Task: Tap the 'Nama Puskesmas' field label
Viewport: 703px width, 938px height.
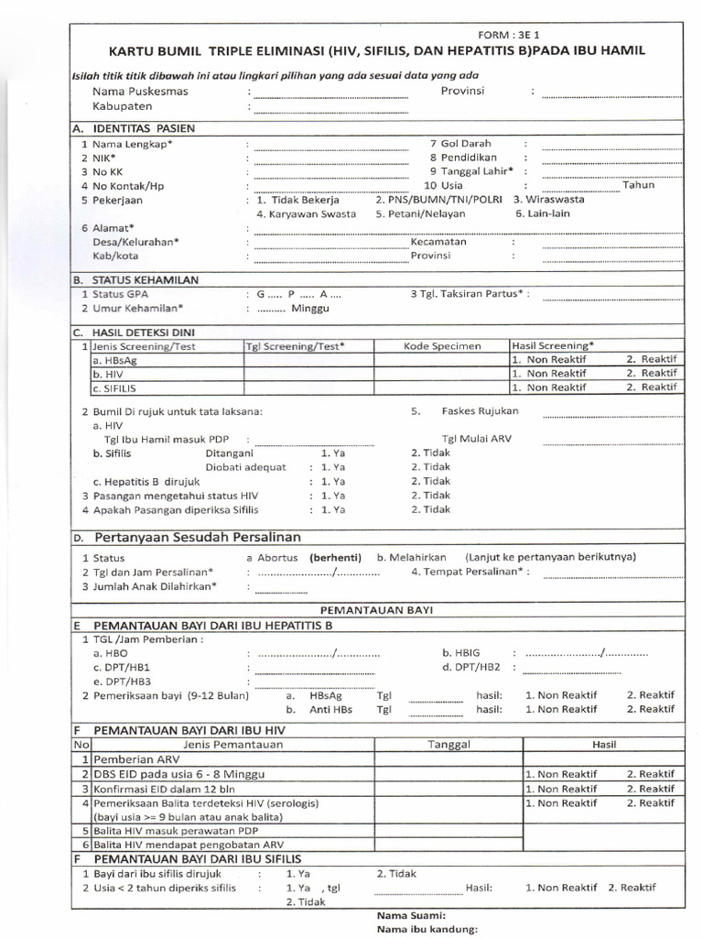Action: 140,92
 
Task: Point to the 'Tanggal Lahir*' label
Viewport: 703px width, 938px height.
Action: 471,171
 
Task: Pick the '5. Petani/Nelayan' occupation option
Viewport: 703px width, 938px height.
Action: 420,213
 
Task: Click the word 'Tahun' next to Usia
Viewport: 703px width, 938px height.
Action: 639,185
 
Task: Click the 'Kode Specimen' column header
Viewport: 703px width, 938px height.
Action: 441,346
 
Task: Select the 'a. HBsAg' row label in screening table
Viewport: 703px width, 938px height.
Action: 114,360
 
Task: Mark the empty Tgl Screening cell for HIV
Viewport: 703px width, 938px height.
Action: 308,374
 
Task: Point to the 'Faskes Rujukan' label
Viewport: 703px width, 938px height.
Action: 480,411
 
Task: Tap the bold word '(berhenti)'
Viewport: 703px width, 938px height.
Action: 335,557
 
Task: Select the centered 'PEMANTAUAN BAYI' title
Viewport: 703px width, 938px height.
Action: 376,609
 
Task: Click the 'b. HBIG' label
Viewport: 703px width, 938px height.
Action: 461,653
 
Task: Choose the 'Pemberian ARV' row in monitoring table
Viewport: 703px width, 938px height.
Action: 131,759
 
